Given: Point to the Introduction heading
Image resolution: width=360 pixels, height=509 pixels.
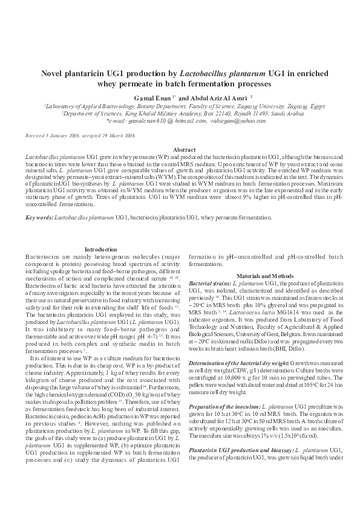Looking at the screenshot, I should (x=101, y=249).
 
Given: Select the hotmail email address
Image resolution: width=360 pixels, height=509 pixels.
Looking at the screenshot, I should (x=155, y=122).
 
